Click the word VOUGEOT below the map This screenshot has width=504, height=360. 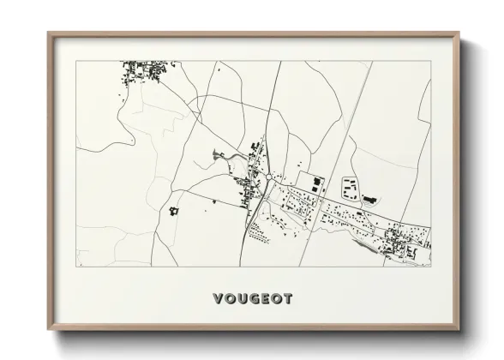252,299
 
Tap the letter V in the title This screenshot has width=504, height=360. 218,299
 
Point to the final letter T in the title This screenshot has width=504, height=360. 287,299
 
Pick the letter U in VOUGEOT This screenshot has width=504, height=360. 239,299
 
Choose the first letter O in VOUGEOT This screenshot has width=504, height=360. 228,299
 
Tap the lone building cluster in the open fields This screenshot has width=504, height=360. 178,210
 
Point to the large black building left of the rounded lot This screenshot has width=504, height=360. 314,183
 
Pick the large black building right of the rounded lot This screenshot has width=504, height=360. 370,199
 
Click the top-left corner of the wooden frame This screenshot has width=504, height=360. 48,33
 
